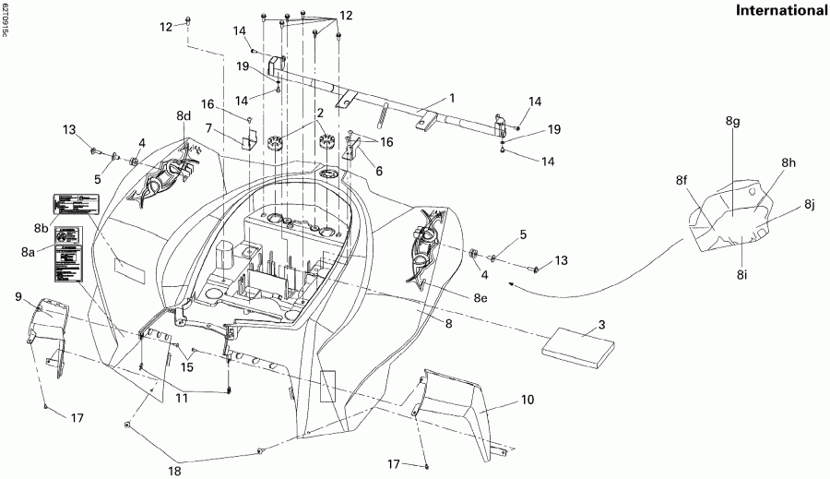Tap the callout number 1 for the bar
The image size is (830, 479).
(x=453, y=97)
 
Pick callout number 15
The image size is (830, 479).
(x=188, y=367)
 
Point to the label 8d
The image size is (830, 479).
(x=184, y=116)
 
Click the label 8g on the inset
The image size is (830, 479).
(x=733, y=122)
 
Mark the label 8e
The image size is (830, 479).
(x=481, y=297)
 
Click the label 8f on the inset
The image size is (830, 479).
(x=682, y=181)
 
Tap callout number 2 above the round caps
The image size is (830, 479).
(x=320, y=113)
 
